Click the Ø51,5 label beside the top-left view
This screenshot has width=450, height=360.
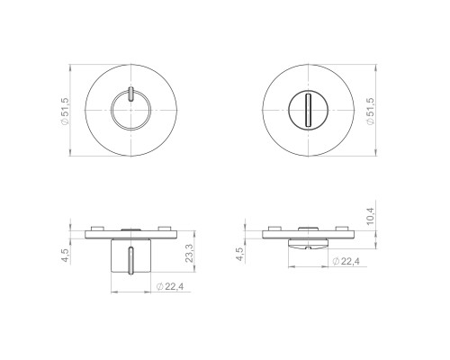65,111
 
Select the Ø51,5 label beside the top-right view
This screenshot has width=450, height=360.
371,111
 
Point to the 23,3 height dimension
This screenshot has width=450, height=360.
189,254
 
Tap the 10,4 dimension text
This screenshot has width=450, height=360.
370,216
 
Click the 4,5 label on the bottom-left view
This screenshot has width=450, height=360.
65,256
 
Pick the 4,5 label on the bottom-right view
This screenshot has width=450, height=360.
240,254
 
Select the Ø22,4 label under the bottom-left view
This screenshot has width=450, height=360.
170,286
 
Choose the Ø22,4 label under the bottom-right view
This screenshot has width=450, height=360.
346,262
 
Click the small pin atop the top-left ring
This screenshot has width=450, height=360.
130,94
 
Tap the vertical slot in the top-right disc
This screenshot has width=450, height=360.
308,110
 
